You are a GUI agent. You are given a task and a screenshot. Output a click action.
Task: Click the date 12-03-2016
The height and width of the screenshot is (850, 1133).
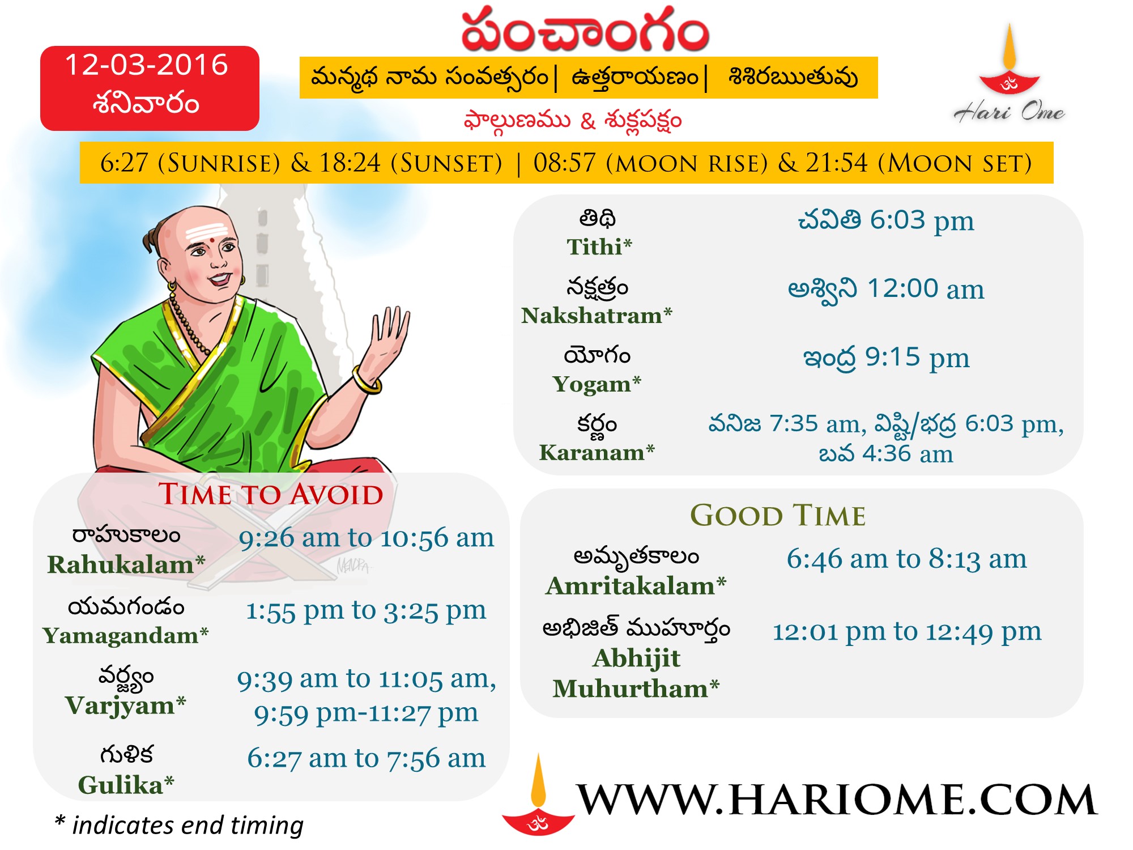[146, 65]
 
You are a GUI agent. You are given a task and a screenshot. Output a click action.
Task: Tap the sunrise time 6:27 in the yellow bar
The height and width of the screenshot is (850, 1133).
[124, 163]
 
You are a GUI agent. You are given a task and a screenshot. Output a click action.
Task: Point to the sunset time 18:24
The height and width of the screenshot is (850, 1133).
[350, 163]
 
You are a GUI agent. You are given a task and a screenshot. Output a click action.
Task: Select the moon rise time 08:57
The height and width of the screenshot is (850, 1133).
[564, 163]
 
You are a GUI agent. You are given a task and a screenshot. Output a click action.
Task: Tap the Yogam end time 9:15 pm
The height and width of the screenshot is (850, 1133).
[917, 358]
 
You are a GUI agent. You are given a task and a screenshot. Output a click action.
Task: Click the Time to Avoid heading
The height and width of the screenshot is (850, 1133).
[271, 494]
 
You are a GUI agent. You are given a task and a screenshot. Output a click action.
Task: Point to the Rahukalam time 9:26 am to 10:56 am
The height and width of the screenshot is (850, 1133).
[367, 538]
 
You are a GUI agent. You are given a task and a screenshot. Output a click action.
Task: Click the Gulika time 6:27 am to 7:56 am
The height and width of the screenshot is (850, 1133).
[367, 758]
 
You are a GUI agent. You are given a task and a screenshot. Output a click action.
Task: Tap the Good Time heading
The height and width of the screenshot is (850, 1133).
[778, 516]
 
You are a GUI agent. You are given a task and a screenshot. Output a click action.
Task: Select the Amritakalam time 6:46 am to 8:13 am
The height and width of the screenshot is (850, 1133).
[906, 559]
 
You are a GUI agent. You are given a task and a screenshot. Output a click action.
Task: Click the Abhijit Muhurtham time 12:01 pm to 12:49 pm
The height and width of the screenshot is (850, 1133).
[906, 632]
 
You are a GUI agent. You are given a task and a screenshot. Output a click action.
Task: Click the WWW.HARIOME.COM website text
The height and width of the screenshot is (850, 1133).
[836, 800]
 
